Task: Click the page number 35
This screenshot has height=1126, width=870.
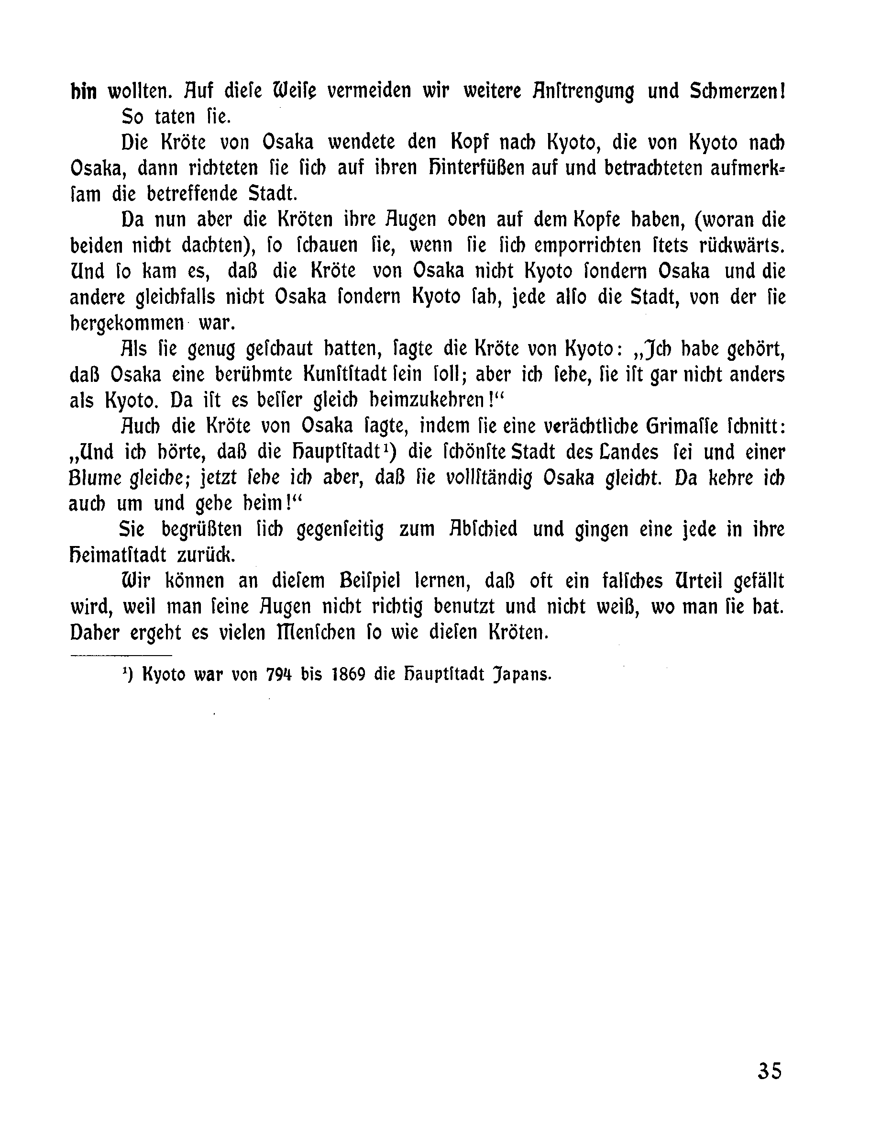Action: click(x=770, y=1067)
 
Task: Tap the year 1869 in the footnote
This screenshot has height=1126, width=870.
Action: click(x=346, y=675)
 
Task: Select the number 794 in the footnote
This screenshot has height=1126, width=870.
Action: click(x=279, y=675)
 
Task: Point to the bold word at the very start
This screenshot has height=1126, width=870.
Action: click(x=84, y=91)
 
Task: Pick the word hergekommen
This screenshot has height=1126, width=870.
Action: click(x=127, y=324)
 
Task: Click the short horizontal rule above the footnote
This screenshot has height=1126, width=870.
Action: click(x=121, y=656)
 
